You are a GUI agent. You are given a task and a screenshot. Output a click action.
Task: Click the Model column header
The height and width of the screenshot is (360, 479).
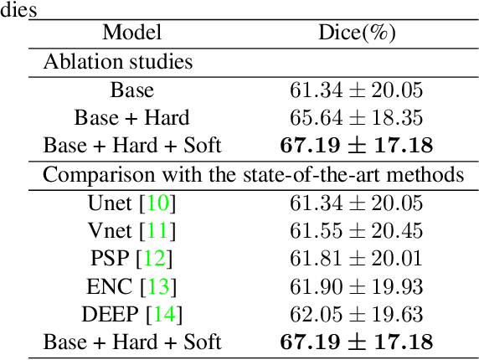click(x=131, y=33)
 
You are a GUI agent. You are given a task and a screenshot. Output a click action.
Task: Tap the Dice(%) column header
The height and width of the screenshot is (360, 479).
click(x=357, y=33)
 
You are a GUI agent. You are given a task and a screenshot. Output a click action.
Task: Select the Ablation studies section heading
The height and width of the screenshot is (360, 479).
click(x=117, y=62)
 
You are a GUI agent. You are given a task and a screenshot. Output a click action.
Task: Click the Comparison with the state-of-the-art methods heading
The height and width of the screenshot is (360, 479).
click(x=253, y=175)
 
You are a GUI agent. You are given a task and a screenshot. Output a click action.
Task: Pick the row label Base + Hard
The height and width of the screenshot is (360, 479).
click(x=131, y=118)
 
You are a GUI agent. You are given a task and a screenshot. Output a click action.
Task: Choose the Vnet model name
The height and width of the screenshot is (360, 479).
click(x=109, y=231)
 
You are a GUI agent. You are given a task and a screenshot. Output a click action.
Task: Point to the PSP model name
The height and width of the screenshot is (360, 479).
click(x=108, y=259)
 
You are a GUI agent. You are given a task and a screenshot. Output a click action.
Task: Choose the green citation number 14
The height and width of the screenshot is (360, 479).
click(x=167, y=314)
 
